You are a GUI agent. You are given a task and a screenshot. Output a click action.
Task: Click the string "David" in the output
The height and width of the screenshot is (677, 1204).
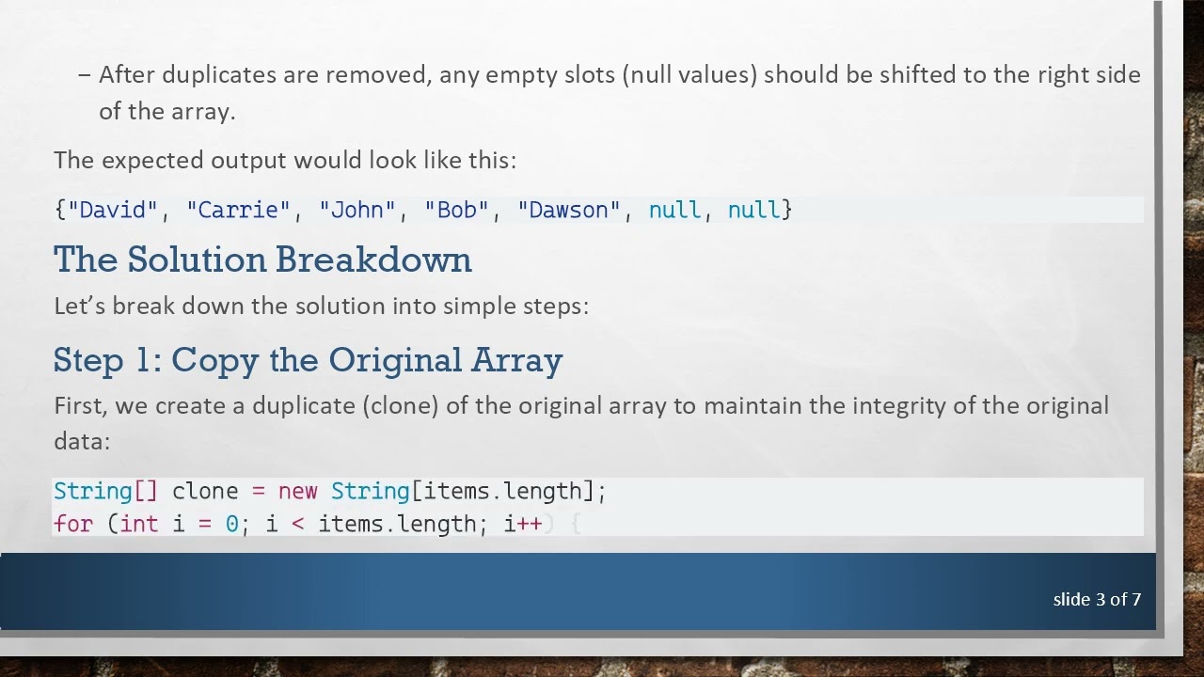click(113, 210)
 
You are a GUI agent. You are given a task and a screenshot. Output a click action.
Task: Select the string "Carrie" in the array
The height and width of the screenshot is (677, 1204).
click(239, 210)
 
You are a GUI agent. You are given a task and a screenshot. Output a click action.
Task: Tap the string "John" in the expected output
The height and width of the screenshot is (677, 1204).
click(357, 210)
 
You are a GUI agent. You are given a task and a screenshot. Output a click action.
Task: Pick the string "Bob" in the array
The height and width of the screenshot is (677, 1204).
click(457, 210)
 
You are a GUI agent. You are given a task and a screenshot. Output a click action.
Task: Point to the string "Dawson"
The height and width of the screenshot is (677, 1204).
click(569, 210)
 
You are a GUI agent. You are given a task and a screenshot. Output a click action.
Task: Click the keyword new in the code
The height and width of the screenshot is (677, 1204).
click(297, 491)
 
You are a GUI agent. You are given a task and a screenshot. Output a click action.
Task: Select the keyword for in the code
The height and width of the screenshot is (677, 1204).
click(72, 524)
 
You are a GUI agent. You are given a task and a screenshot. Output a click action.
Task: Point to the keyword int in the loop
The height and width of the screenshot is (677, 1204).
click(139, 524)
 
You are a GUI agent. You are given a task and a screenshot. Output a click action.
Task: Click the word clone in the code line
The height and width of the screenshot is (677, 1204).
click(205, 491)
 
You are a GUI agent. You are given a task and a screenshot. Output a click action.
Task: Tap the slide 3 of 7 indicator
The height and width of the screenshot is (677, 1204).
click(1097, 599)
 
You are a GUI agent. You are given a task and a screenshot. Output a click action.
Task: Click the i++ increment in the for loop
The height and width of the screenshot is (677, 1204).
click(523, 524)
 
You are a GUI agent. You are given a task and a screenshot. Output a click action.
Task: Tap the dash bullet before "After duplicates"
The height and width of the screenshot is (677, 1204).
click(85, 75)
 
